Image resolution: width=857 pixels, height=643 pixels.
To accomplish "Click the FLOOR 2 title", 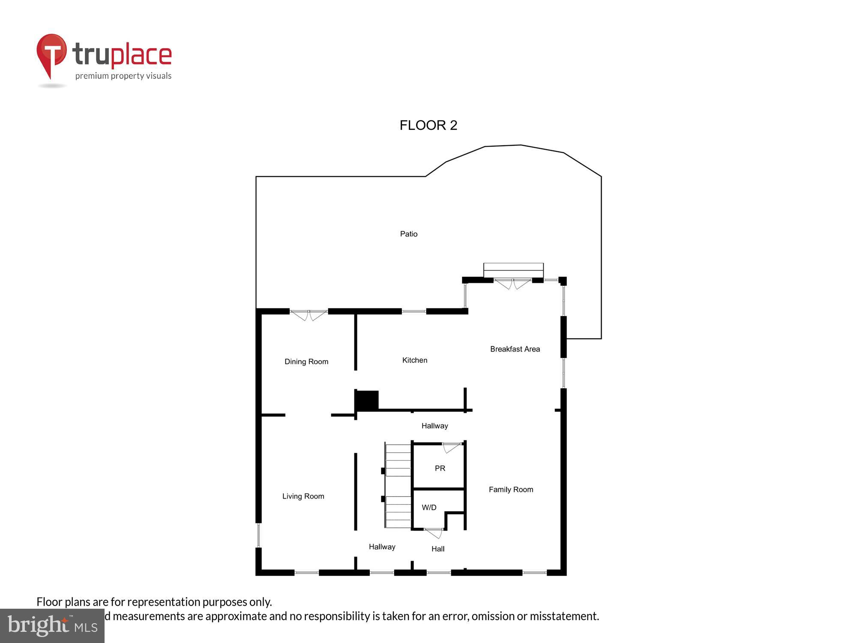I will [x=428, y=125].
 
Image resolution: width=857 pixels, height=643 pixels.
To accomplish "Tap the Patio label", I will [x=408, y=234].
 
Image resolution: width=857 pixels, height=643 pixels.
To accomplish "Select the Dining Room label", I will [x=306, y=361].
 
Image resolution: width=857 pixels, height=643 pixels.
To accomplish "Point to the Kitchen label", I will [x=414, y=360].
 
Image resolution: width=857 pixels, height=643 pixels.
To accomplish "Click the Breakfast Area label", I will [x=515, y=349].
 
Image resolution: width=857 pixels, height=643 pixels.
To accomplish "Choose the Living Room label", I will [x=303, y=496].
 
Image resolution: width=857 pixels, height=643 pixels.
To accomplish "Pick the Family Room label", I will [x=511, y=489].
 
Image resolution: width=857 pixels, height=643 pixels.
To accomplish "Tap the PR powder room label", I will [x=440, y=468].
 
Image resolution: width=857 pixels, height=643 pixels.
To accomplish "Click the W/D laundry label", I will [x=429, y=507].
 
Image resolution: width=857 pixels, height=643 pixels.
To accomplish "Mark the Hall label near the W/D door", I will [x=437, y=549].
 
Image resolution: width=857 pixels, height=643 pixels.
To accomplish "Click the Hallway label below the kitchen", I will [x=434, y=426].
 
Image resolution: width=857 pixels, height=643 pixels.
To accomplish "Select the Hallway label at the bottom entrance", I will [x=382, y=547].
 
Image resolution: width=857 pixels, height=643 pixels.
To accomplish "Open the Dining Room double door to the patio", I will [x=309, y=315].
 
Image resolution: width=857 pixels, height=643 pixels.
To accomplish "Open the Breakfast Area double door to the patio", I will [x=512, y=284].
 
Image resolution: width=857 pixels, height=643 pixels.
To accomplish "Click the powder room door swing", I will [x=452, y=447].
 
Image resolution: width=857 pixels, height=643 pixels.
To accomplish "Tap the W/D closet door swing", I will [x=434, y=533].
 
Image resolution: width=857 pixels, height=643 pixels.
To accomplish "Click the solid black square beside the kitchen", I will [x=367, y=400].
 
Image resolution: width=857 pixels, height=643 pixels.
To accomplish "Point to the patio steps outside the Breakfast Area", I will [x=513, y=270].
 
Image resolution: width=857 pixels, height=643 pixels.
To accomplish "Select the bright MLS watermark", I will [x=52, y=625].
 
